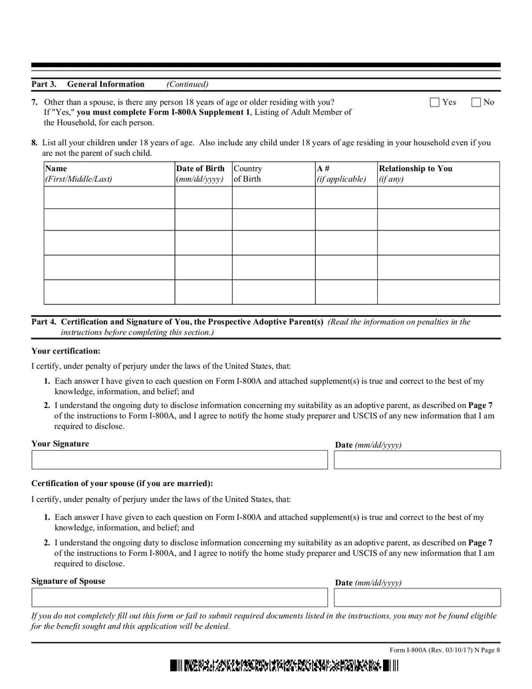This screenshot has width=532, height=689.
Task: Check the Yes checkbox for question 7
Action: tap(435, 103)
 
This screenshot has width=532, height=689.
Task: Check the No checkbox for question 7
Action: tap(476, 103)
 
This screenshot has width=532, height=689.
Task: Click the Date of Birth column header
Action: tap(203, 174)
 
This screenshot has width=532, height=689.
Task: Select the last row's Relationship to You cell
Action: tap(438, 292)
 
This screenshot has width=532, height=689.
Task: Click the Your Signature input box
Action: tap(180, 460)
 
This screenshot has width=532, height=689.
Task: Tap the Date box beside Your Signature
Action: tap(417, 460)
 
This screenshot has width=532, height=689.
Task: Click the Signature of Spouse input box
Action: tap(180, 597)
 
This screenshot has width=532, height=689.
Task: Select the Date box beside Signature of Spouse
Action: tap(417, 597)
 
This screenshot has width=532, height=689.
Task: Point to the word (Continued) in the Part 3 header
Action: tap(188, 85)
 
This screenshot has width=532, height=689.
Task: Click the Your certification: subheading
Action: tap(66, 351)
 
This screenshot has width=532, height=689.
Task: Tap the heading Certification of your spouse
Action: tap(122, 483)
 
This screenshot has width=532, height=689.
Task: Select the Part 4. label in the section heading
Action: tap(44, 322)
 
